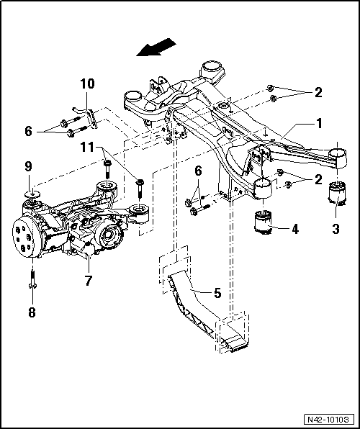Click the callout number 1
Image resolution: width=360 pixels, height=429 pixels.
[318, 123]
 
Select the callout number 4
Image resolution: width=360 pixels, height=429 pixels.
[294, 231]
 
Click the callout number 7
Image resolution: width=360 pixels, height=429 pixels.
[89, 280]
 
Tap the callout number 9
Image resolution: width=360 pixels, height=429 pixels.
[29, 166]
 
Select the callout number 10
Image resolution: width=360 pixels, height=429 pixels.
[86, 84]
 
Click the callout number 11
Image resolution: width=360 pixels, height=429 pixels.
[87, 149]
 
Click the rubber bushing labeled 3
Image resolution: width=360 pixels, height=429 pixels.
[338, 198]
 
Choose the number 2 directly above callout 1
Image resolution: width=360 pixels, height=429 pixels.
[318, 92]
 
